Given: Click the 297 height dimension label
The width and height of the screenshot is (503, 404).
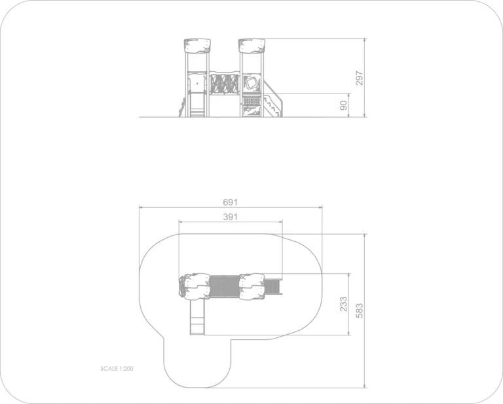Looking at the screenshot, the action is tap(360, 78).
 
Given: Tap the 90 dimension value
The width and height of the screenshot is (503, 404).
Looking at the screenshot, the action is tap(344, 105).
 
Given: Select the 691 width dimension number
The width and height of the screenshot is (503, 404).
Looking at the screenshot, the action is tap(231, 202).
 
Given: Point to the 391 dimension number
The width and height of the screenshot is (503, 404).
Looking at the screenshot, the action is tap(231, 217).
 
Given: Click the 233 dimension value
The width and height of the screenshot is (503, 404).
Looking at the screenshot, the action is tap(343, 304).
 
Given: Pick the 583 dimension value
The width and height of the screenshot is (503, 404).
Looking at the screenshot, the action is tap(360, 311).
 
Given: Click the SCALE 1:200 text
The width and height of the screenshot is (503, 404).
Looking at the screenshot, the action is tap(117, 369).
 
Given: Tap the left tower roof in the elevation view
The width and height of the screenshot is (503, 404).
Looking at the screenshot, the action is tap(197, 46).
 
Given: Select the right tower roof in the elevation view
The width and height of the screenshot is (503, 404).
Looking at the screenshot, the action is tap(251, 46).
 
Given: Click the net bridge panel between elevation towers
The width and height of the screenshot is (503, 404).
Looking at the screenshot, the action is tap(225, 84).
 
